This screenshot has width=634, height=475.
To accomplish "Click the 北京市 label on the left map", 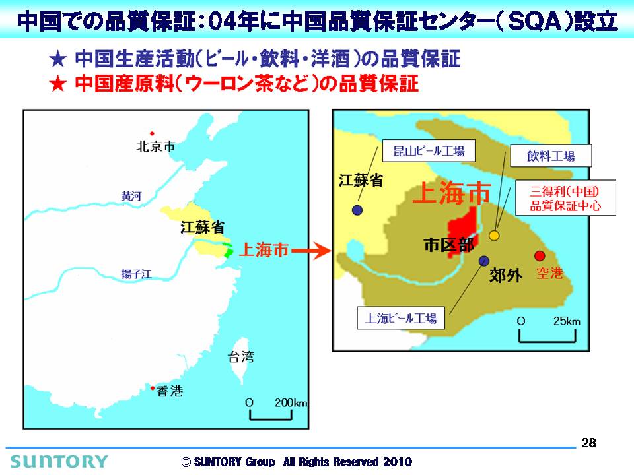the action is pyautogui.click(x=156, y=146).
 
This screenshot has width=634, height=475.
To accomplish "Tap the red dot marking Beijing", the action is pyautogui.click(x=152, y=133).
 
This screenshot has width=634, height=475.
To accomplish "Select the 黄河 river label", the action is pyautogui.click(x=131, y=196).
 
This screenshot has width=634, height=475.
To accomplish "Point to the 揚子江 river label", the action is pyautogui.click(x=137, y=274).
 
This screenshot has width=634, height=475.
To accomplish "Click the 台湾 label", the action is pyautogui.click(x=241, y=357).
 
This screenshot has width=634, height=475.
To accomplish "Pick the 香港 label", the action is pyautogui.click(x=170, y=391).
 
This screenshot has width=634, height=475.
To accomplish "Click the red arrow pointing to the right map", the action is pyautogui.click(x=311, y=251).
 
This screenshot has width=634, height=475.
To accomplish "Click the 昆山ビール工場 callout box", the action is pyautogui.click(x=429, y=151).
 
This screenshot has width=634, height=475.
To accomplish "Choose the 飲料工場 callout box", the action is pyautogui.click(x=551, y=156).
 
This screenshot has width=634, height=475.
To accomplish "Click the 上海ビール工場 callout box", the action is pyautogui.click(x=401, y=318).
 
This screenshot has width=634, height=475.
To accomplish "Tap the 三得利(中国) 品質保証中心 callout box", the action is pyautogui.click(x=565, y=198).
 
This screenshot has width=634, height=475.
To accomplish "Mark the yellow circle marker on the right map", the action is pyautogui.click(x=494, y=236).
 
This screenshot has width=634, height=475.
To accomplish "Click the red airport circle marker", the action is pyautogui.click(x=540, y=256).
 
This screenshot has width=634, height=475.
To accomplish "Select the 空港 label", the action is pyautogui.click(x=550, y=273).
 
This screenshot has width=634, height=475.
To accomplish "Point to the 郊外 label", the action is pyautogui.click(x=506, y=276).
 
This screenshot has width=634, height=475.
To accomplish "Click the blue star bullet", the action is pyautogui.click(x=58, y=59).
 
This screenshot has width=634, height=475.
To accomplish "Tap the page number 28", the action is pyautogui.click(x=588, y=443).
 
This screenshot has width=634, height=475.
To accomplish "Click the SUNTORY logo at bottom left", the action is pyautogui.click(x=59, y=461).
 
